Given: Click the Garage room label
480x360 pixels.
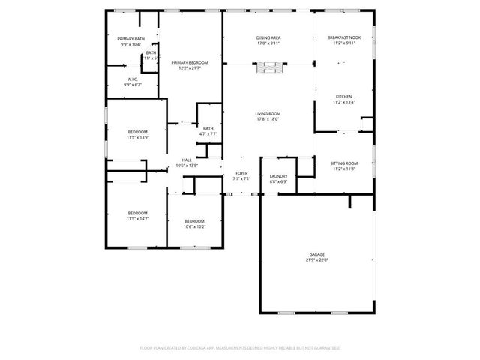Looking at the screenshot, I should [x=317, y=254].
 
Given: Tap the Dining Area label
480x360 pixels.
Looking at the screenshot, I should [x=268, y=37].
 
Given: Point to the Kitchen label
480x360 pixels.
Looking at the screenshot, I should [x=343, y=97].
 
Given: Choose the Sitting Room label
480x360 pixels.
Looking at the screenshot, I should [x=345, y=163].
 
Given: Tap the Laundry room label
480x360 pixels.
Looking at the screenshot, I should [x=278, y=176].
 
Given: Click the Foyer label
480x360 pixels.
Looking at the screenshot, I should [x=241, y=174].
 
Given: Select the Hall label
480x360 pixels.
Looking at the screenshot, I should [x=187, y=160].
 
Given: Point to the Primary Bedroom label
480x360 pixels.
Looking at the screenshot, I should [x=189, y=62].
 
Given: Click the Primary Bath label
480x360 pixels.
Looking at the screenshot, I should [x=131, y=39].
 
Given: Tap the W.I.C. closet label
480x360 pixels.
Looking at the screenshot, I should [x=132, y=79].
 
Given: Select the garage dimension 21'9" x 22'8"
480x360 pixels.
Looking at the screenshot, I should [x=317, y=259].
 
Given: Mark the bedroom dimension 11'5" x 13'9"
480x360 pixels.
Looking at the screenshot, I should [x=137, y=137].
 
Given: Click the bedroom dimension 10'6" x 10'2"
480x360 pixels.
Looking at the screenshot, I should [x=194, y=226].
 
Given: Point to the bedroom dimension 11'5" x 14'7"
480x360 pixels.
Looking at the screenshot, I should [x=137, y=218].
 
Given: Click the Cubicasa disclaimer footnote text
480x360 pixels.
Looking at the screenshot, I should [x=240, y=347].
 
